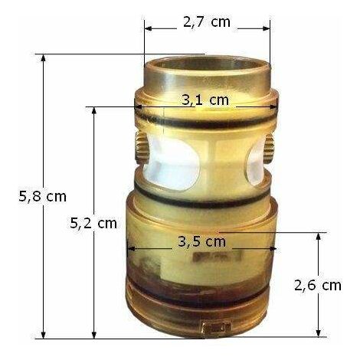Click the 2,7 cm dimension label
207,22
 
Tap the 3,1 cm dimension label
205,100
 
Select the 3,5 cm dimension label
201,241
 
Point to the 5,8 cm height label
42,197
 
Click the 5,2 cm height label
93,223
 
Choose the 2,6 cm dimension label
318,285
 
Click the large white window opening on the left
172,162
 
